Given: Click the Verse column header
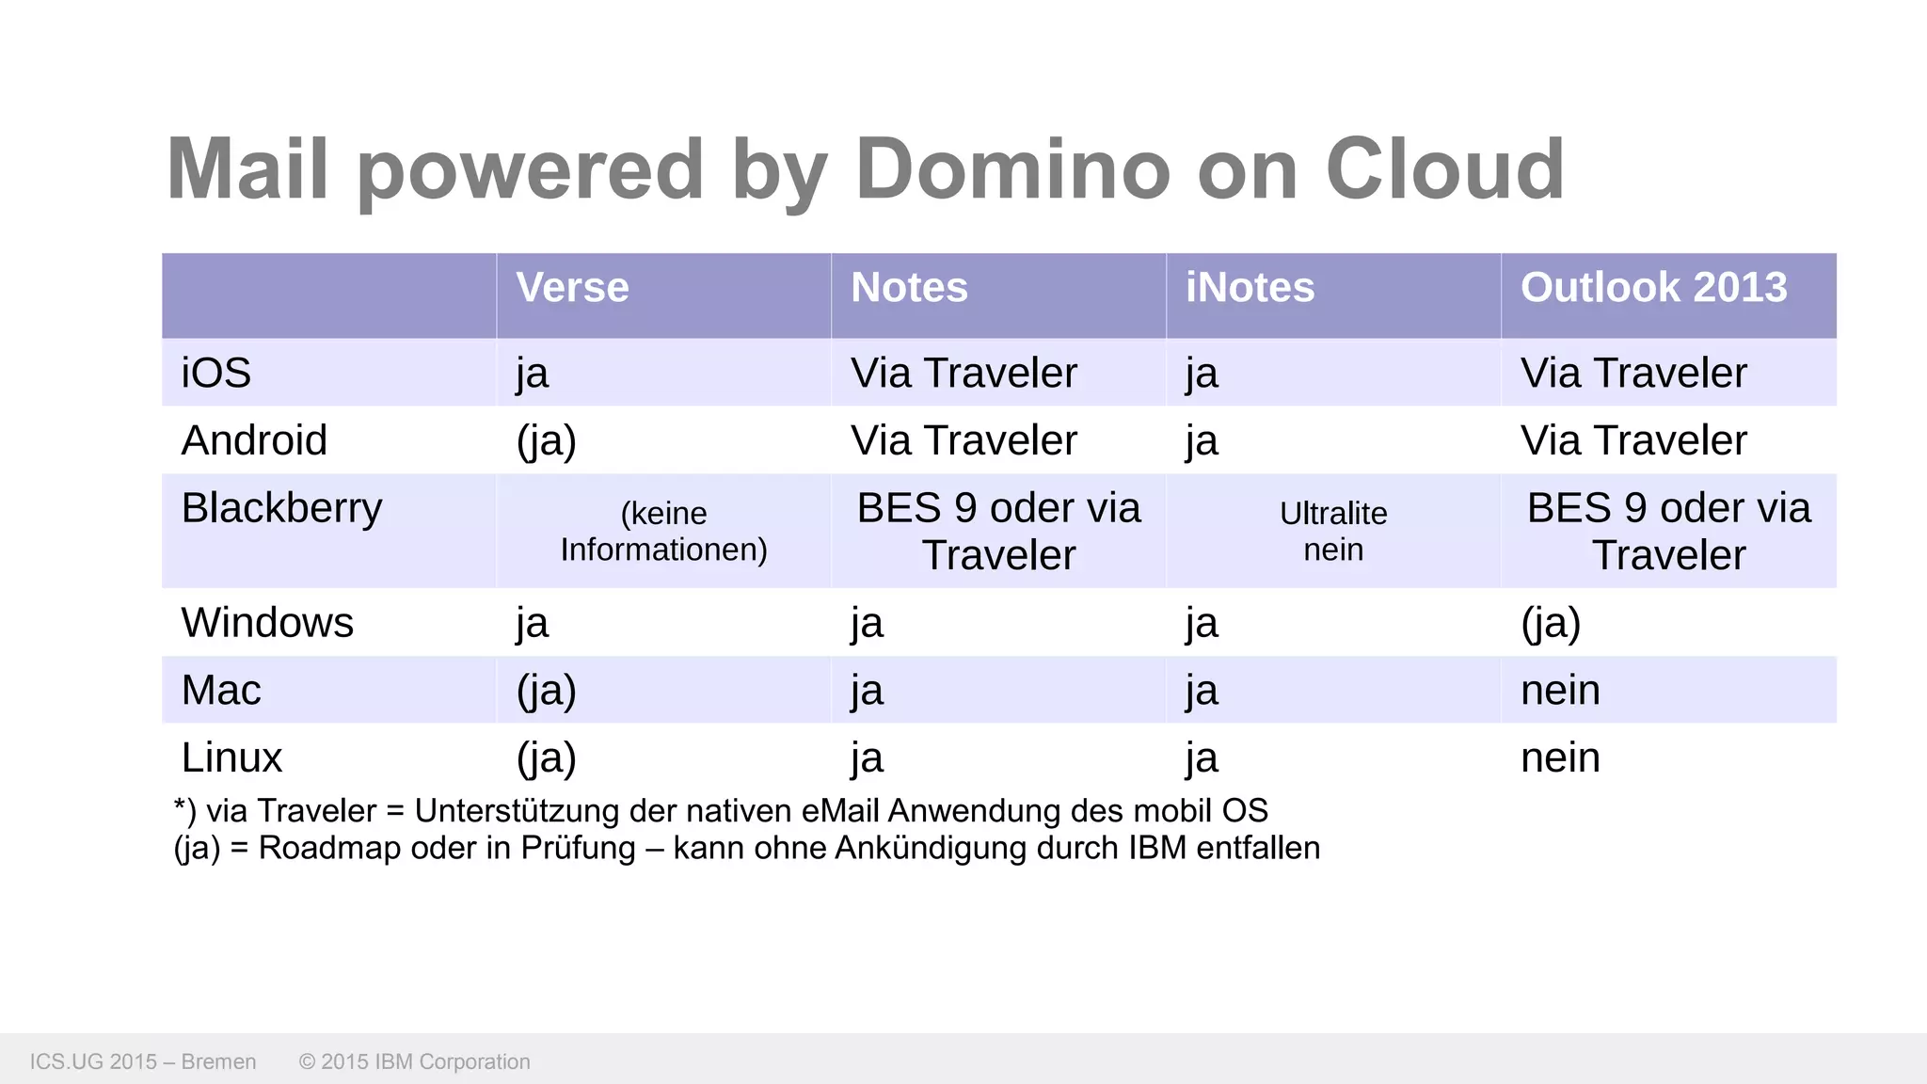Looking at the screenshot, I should coord(572,288).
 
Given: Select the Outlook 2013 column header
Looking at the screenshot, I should coord(1653,288).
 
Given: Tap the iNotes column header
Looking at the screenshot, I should coord(1250,288).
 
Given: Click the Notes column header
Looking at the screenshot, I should coord(909,288).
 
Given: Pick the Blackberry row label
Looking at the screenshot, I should coord(281,509).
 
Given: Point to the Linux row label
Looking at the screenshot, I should coord(231,758).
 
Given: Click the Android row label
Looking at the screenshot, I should coord(254,441).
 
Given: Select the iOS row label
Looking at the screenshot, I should coord(216,374).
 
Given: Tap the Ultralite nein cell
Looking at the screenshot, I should coord(1333,532).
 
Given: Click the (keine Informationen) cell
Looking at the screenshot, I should coord(663,532).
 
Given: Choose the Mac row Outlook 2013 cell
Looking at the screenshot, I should coord(1560,691).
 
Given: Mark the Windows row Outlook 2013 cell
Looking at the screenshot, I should coord(1551,623).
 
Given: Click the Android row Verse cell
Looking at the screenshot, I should coord(546,441).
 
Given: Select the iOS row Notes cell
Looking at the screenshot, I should coord(963,374).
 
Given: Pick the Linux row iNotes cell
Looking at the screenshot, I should coord(1202,758).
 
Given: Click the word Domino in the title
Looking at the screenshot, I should coord(1012,170).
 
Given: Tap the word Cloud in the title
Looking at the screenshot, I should coord(1444,170).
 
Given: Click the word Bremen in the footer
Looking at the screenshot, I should coord(218,1062).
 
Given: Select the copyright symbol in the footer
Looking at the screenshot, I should coord(307,1062).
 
